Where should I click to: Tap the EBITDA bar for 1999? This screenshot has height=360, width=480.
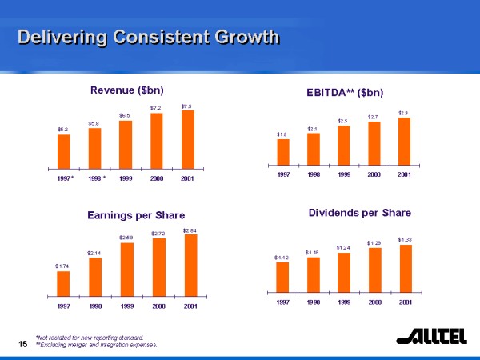(343, 144)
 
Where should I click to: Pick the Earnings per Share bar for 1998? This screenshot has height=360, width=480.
(95, 276)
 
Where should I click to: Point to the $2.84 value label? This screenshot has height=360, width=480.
(190, 230)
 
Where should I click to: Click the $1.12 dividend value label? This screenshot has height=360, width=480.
(282, 258)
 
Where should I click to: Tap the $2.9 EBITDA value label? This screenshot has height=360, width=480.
(403, 113)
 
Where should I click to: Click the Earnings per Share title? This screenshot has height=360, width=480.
(136, 215)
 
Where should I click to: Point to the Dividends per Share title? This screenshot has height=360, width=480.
(359, 213)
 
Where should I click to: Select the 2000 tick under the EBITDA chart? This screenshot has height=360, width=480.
(374, 173)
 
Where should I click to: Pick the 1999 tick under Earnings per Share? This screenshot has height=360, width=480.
(126, 306)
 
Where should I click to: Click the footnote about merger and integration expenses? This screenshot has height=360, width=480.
(97, 345)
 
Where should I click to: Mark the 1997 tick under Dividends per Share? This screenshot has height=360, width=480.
(282, 302)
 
